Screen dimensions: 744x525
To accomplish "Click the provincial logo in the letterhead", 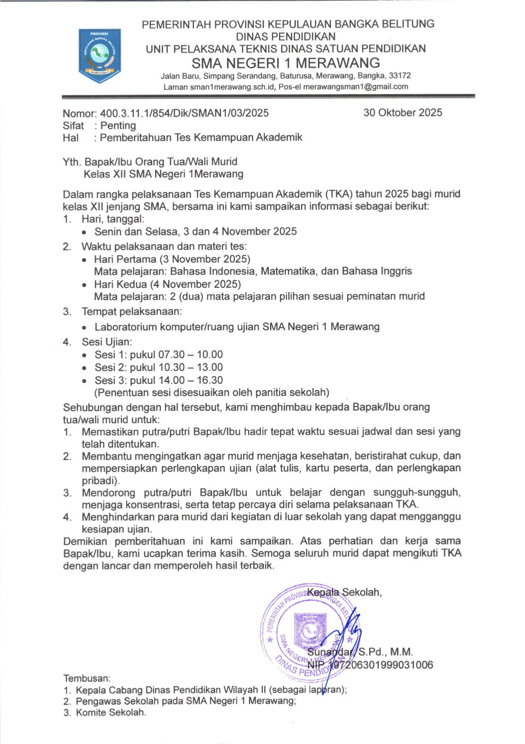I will click(99, 55).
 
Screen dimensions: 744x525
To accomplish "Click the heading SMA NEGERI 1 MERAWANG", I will click(286, 63).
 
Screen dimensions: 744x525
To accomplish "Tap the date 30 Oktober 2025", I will click(402, 112).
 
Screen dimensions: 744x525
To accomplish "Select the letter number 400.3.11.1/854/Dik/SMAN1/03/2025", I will click(184, 113).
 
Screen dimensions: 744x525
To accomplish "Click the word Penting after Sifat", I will click(118, 126).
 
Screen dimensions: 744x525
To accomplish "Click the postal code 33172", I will click(399, 76).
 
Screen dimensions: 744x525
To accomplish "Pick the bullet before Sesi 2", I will click(85, 368).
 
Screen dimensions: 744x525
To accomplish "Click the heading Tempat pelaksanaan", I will click(131, 312).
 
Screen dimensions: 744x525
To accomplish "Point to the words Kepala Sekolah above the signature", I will click(344, 592).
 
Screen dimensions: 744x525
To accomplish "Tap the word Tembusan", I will click(86, 678).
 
